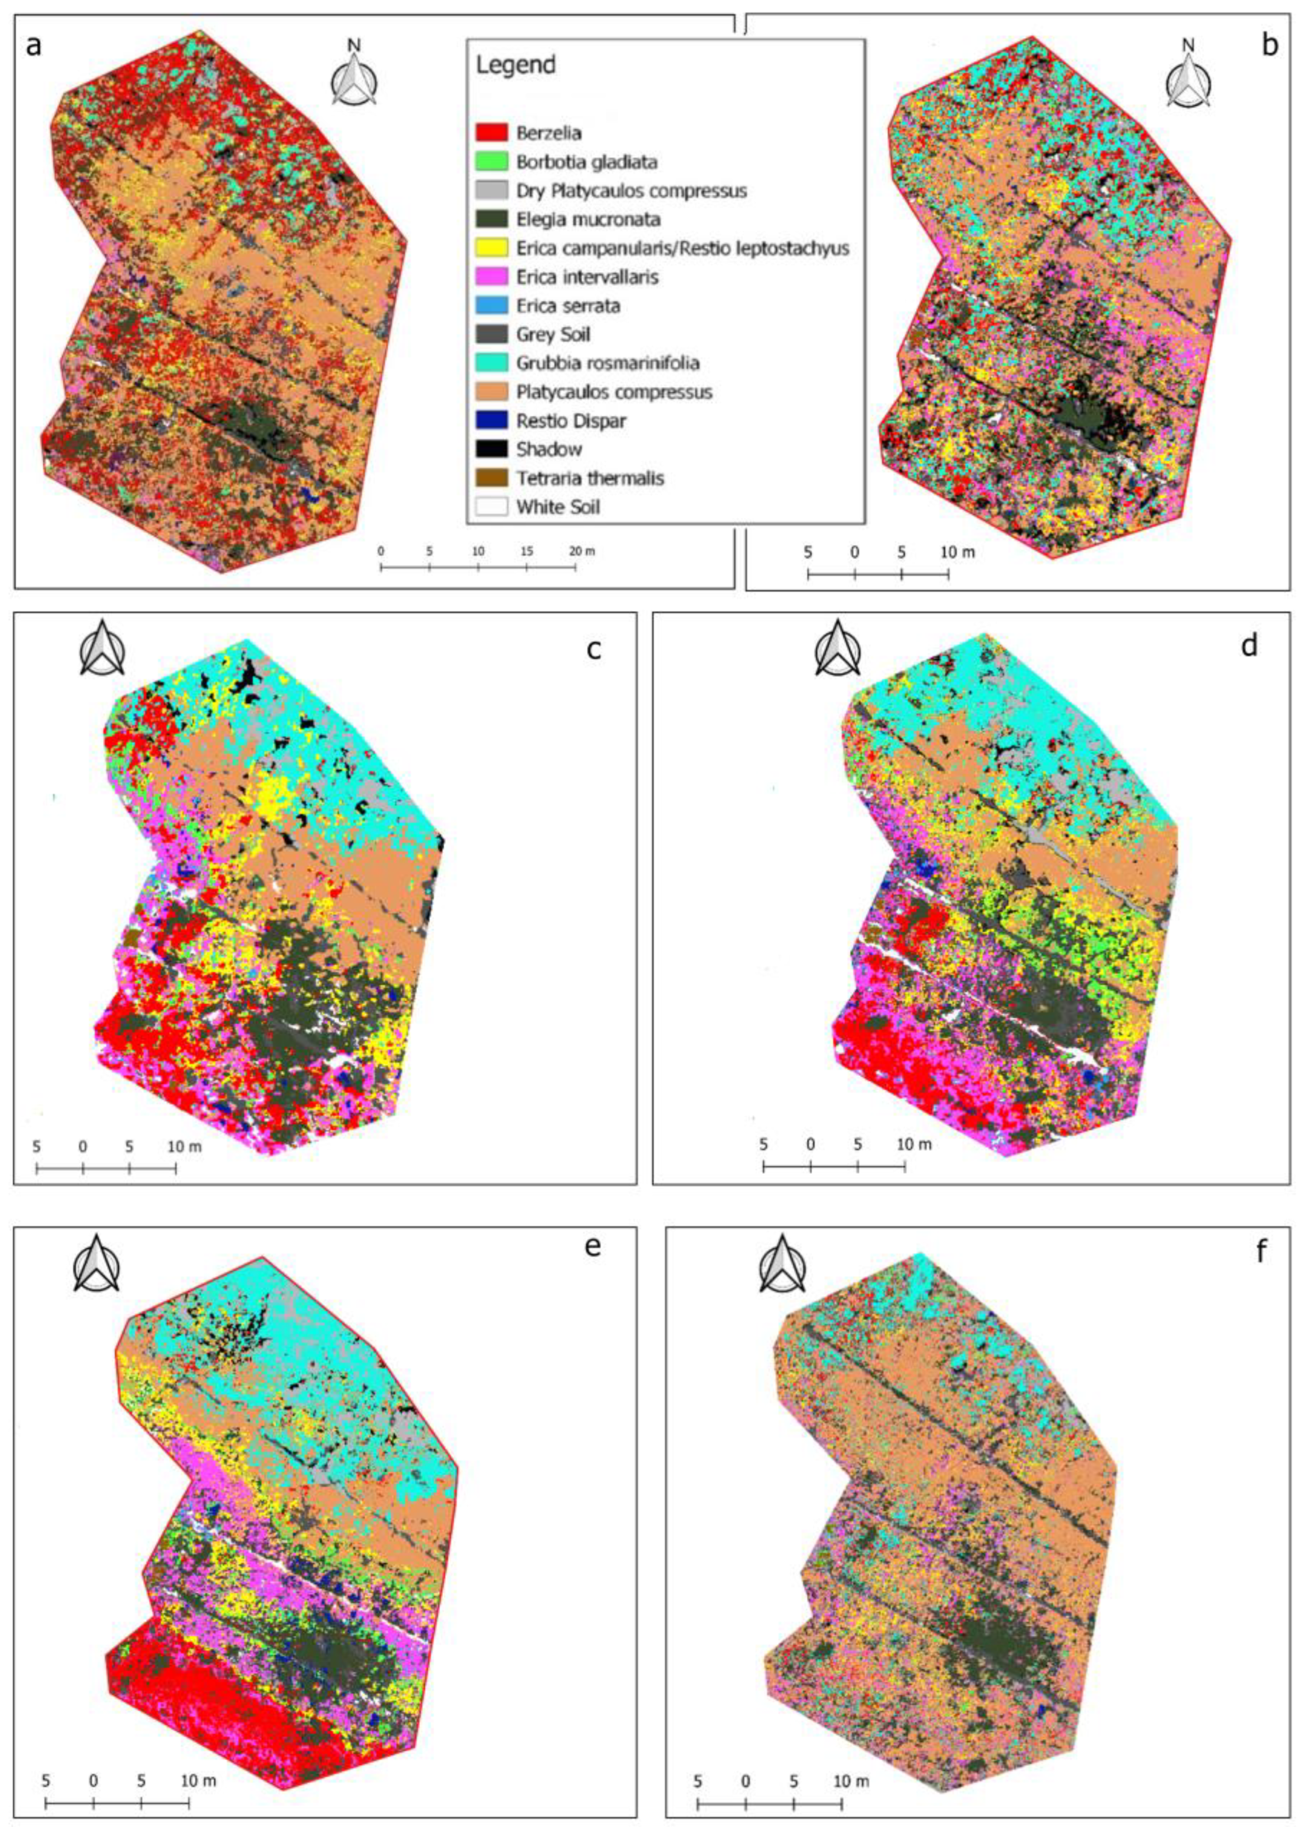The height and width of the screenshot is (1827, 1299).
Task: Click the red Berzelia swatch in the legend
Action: (x=492, y=133)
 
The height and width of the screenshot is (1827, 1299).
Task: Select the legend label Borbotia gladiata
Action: (x=586, y=162)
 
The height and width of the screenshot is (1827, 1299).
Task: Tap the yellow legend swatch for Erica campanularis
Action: (x=492, y=248)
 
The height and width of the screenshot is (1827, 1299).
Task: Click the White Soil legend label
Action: (x=558, y=507)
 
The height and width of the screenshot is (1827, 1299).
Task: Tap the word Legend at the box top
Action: (x=515, y=65)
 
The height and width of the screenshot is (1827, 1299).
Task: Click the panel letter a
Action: (x=33, y=46)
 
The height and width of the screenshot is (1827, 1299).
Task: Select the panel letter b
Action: (x=1269, y=46)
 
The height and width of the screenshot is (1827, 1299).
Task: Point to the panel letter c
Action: (x=593, y=649)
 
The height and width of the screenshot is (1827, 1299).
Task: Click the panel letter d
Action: (x=1249, y=645)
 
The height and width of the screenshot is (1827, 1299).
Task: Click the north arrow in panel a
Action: (x=355, y=76)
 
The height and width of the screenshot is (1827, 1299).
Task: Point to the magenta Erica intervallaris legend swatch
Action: (x=492, y=277)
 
